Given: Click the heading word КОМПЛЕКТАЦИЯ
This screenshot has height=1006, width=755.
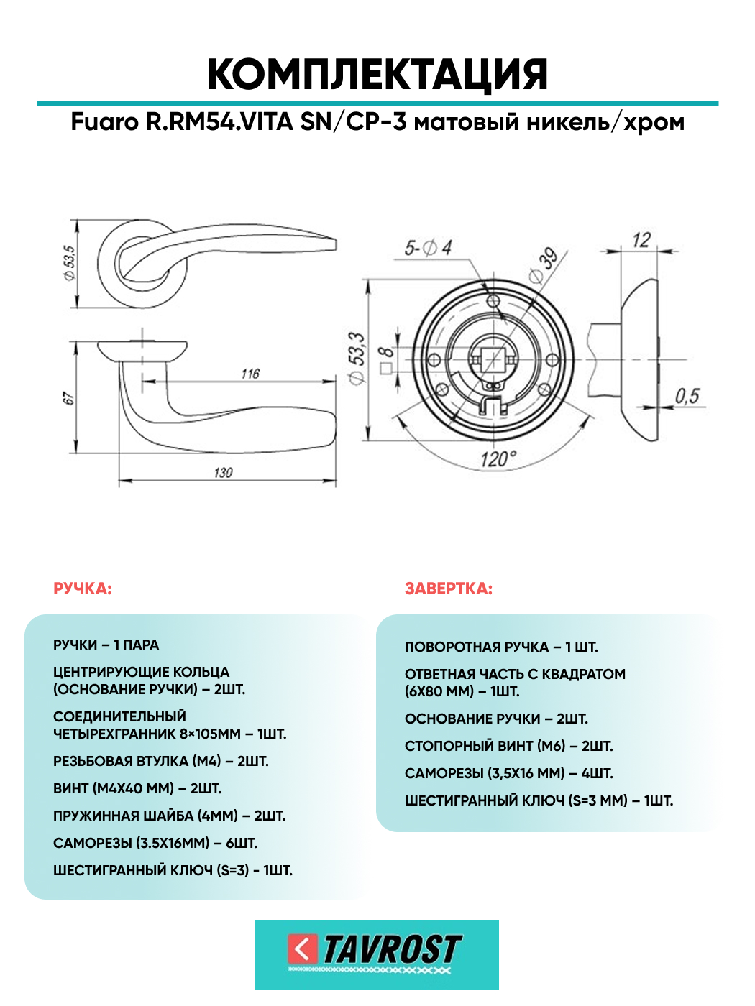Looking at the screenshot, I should click(377, 74).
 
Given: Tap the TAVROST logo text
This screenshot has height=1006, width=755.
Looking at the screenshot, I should click(392, 950).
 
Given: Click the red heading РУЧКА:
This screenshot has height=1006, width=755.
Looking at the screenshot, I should click(83, 589).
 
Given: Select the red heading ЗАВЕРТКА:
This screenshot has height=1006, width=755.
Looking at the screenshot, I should click(449, 589).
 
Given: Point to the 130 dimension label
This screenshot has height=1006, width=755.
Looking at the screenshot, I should click(223, 473).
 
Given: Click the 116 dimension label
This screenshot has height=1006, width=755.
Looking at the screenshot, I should click(250, 374).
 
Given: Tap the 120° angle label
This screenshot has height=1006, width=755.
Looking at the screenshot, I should click(498, 459).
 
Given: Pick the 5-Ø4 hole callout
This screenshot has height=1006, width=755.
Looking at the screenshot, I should click(428, 249).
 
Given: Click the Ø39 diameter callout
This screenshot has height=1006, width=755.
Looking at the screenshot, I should click(544, 265).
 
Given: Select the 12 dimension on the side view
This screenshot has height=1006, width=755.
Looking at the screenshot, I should click(641, 240).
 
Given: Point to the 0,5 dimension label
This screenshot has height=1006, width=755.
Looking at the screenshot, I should click(687, 396).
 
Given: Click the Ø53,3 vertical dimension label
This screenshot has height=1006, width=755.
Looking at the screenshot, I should click(357, 358).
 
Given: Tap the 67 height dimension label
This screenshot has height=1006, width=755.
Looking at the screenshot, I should click(69, 398).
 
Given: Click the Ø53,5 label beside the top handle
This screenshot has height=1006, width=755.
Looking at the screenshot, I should click(70, 262).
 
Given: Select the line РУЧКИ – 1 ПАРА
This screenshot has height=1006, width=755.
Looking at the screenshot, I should click(106, 645).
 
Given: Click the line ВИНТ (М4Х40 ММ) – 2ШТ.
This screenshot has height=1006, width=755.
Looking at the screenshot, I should click(137, 789).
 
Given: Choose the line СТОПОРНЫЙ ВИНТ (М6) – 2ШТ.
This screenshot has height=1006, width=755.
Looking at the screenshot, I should click(508, 747).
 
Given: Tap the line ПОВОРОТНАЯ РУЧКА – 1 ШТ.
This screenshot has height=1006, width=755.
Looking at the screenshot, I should click(501, 647).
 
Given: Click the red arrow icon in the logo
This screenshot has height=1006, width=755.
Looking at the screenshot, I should click(302, 949).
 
